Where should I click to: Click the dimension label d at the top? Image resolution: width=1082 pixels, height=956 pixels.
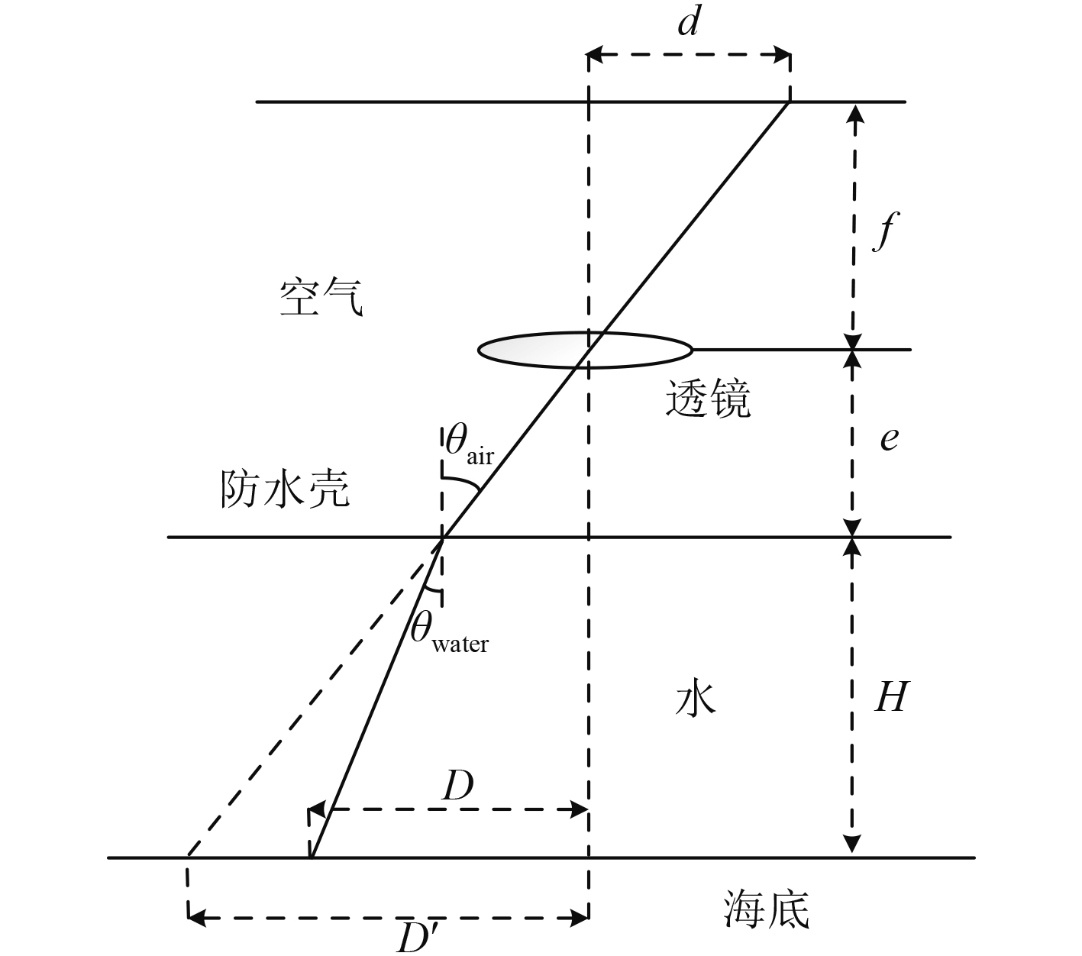click(688, 24)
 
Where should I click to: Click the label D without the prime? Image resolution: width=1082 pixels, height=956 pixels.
click(457, 786)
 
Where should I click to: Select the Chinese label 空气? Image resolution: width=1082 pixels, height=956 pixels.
click(321, 298)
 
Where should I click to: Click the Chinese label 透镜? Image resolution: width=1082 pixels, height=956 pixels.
click(708, 399)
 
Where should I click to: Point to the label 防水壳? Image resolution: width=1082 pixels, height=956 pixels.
click(285, 489)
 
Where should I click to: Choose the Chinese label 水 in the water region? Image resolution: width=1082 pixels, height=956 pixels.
click(696, 698)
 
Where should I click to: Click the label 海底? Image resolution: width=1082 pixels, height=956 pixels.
click(765, 909)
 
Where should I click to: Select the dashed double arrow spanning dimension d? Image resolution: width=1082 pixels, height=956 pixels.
click(688, 55)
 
